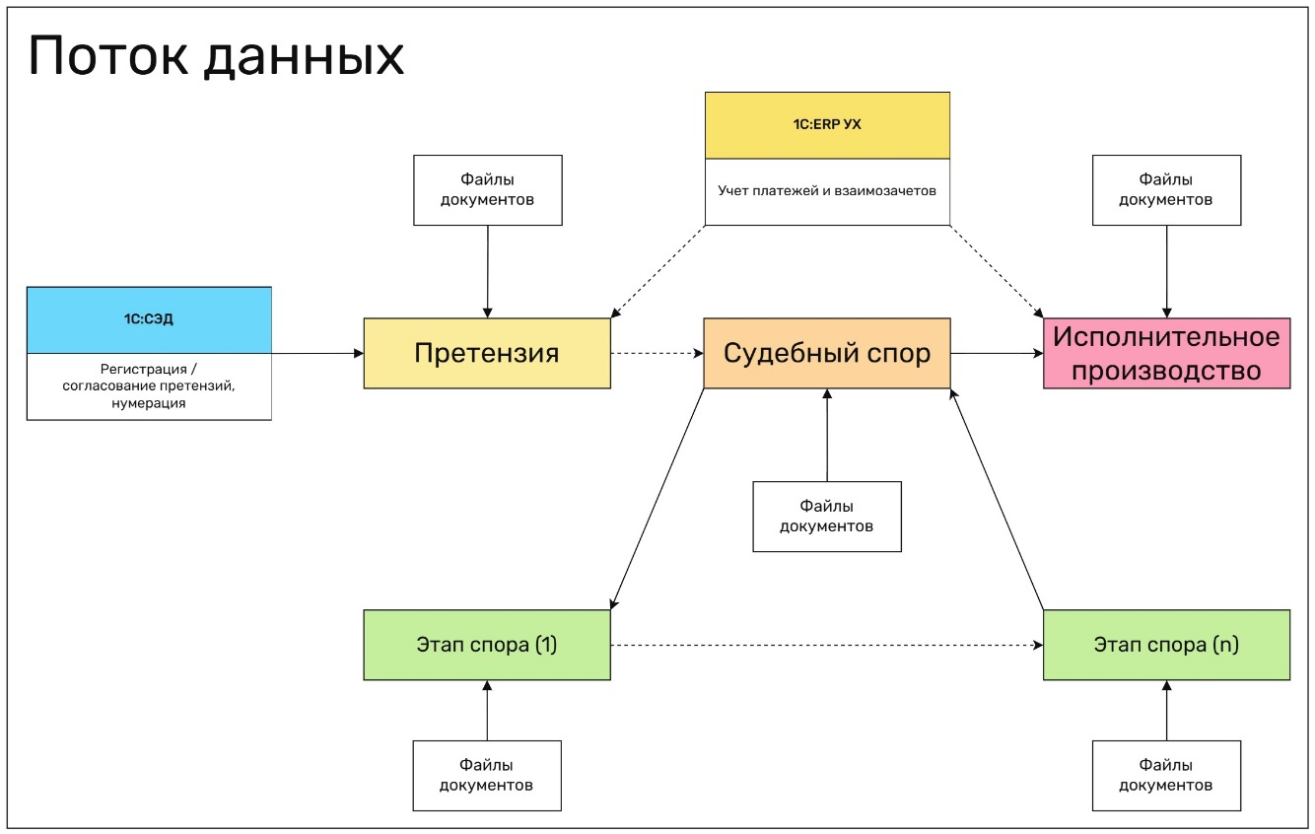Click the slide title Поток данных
click(x=216, y=57)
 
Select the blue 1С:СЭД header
click(x=149, y=319)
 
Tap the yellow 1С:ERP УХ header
click(x=827, y=125)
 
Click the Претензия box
click(x=487, y=353)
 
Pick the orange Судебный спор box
click(x=827, y=353)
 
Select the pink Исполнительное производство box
click(x=1166, y=353)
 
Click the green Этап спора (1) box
click(x=487, y=645)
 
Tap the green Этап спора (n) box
click(x=1166, y=645)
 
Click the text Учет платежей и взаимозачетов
click(x=827, y=191)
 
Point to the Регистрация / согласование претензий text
click(x=149, y=386)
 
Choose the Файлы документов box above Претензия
click(x=487, y=189)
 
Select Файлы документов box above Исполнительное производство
click(x=1166, y=189)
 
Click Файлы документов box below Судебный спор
click(x=827, y=516)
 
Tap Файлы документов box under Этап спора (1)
click(x=487, y=775)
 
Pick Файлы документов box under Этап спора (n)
click(x=1166, y=775)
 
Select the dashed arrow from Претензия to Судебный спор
click(x=657, y=353)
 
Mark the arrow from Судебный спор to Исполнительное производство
click(x=997, y=353)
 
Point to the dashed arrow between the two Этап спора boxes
click(x=826, y=645)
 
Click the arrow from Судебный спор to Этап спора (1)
click(x=657, y=499)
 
